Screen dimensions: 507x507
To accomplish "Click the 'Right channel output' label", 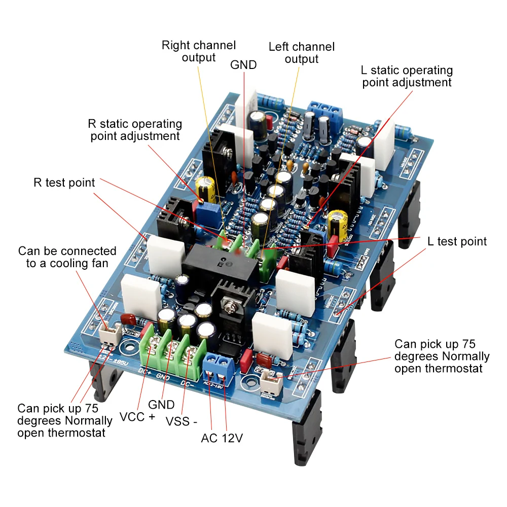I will point(199,51).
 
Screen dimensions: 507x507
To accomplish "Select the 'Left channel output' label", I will point(302,53).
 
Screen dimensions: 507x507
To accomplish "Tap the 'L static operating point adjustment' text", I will point(407,76).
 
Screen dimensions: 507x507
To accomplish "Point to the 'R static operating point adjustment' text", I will point(135,130).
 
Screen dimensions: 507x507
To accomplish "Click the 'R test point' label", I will point(64,183).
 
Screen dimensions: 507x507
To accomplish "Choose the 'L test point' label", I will point(457,241).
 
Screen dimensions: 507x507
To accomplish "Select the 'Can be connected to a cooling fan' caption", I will point(67,257).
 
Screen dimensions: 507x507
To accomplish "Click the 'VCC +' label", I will point(137,417).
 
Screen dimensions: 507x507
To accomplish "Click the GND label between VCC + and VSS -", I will point(161,405).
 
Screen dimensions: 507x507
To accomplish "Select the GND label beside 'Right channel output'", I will point(243,65).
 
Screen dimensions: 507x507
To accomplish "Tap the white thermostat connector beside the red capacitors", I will point(269,381).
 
